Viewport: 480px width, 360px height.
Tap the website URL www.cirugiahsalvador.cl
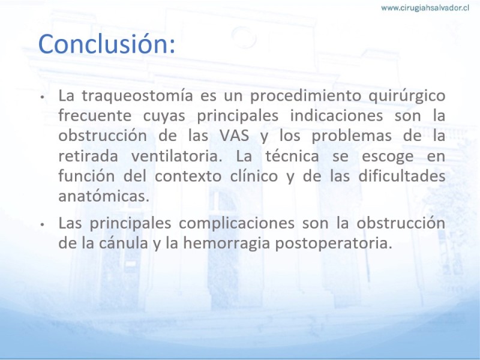425,8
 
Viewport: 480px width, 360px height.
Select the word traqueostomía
137,96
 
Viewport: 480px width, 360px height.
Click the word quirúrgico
407,96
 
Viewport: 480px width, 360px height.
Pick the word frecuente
95,116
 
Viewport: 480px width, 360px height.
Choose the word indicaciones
337,116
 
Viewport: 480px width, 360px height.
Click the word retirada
88,156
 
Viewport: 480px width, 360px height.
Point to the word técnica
292,156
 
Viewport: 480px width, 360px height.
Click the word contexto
188,176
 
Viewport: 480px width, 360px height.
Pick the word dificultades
401,176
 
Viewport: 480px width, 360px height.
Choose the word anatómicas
104,196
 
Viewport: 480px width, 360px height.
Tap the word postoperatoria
334,244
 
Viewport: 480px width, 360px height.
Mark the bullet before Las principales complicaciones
42,224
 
